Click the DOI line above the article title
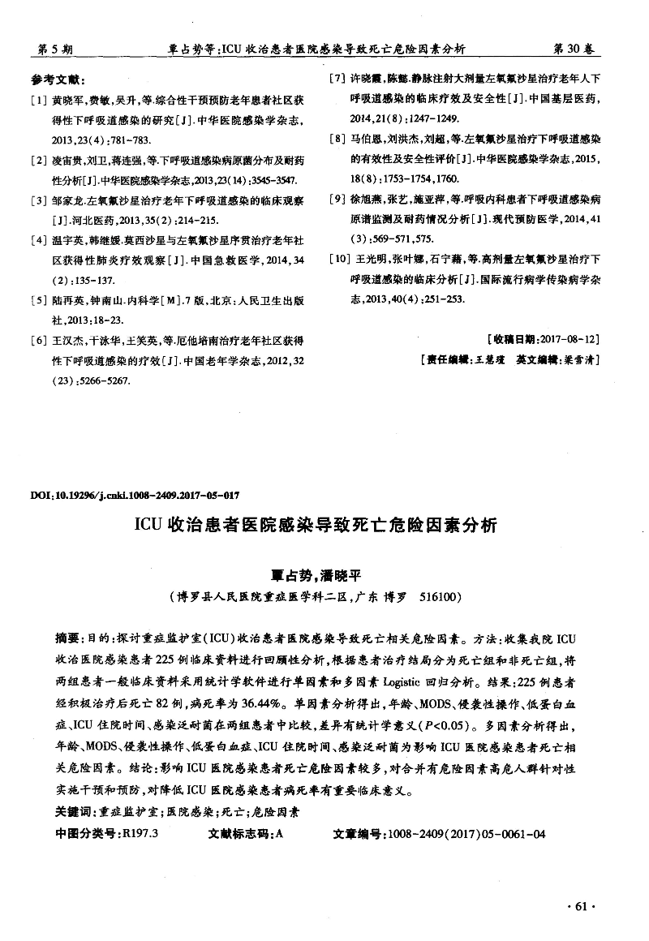134,494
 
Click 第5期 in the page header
56,49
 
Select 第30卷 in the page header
573,49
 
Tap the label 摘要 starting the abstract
67,638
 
